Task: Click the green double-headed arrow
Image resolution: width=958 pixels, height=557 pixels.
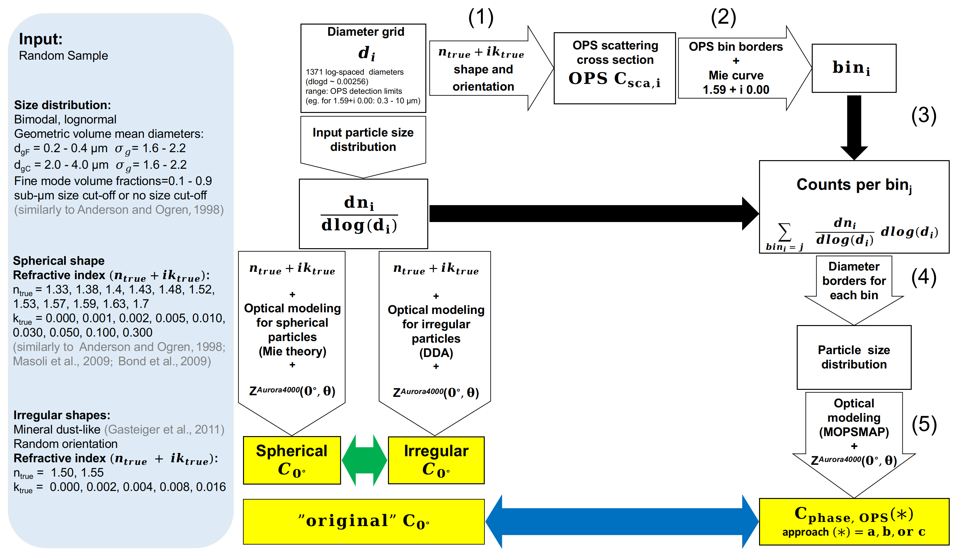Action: (x=364, y=460)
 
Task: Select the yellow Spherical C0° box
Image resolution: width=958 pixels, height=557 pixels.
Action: (x=292, y=460)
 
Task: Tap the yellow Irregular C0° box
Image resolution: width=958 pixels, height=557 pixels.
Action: (x=436, y=460)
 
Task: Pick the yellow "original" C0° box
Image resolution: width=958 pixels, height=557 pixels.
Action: (x=363, y=521)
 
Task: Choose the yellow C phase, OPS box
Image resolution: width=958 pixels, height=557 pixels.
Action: (x=854, y=522)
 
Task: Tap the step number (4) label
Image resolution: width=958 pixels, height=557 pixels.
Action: (x=924, y=277)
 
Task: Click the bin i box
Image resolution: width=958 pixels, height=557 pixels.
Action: (x=854, y=68)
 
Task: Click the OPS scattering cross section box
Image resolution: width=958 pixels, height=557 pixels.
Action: (x=614, y=68)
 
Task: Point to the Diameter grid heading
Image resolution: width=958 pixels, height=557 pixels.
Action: (x=366, y=32)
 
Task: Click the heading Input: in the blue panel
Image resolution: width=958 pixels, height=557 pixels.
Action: (x=41, y=39)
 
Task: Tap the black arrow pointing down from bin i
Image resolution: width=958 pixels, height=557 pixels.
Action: (x=854, y=127)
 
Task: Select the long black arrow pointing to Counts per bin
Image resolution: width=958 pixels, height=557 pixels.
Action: (x=593, y=213)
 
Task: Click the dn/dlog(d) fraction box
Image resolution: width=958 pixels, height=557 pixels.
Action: (x=363, y=214)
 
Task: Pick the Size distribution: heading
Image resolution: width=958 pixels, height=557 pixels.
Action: (x=62, y=105)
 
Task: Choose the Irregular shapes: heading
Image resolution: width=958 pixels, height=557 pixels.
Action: (x=62, y=415)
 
